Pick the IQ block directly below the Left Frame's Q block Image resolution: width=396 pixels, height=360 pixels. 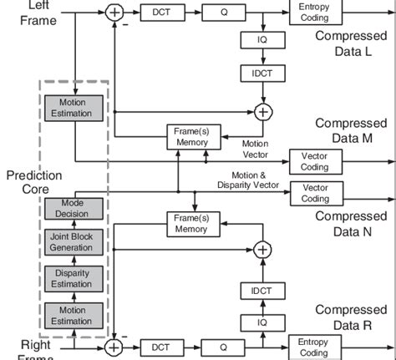pyautogui.click(x=251, y=40)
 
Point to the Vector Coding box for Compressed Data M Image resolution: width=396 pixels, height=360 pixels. pyautogui.click(x=315, y=159)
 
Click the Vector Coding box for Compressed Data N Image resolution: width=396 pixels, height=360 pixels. pyautogui.click(x=315, y=193)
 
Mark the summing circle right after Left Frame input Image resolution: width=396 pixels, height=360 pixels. pyautogui.click(x=114, y=12)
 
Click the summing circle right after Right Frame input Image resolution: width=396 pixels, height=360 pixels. pyautogui.click(x=114, y=346)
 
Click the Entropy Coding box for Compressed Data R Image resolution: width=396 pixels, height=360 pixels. pyautogui.click(x=315, y=347)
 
